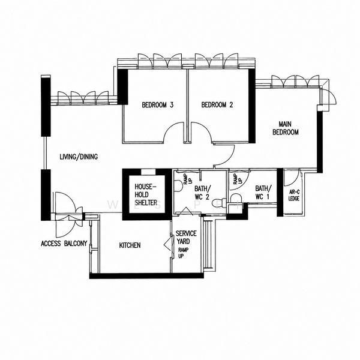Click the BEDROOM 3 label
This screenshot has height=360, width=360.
click(157, 105)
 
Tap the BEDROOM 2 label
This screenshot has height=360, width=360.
click(217, 105)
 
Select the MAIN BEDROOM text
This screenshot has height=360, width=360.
click(286, 128)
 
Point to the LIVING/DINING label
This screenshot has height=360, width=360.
click(79, 157)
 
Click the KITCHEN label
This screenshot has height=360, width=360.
click(130, 245)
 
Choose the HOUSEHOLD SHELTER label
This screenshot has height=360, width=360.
click(146, 194)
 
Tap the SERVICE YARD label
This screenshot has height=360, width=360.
click(186, 237)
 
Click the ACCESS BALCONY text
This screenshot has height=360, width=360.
click(64, 244)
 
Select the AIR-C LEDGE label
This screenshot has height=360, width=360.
click(294, 196)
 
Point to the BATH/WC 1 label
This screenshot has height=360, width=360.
click(262, 193)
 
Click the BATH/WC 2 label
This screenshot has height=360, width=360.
click(202, 193)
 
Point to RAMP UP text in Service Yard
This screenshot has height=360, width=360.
click(183, 253)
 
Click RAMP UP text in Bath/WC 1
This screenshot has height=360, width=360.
click(237, 179)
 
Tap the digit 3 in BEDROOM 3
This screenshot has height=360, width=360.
click(171, 105)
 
